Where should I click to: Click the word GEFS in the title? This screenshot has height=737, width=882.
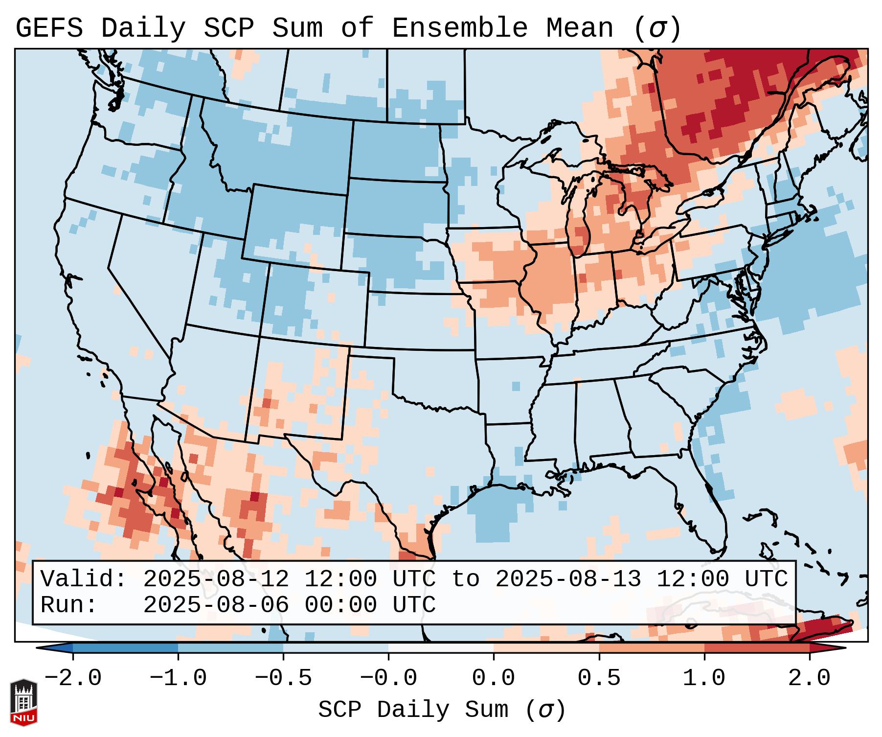(x=49, y=28)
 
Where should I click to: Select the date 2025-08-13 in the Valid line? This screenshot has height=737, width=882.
(x=568, y=579)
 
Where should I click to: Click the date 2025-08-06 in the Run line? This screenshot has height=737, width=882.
(x=216, y=605)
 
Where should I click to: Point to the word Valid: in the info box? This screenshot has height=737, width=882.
(x=84, y=579)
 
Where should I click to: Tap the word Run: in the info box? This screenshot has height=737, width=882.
(x=69, y=605)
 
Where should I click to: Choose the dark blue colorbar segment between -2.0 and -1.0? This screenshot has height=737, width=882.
(x=126, y=648)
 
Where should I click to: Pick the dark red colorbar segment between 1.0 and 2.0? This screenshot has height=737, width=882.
(x=757, y=648)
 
